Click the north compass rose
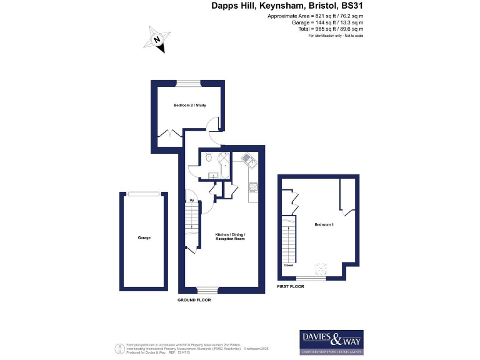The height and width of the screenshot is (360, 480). click(x=157, y=40)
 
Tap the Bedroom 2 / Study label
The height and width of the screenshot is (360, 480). click(x=190, y=105)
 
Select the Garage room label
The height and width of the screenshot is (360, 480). click(x=144, y=237)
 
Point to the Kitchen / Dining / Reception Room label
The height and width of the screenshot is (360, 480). click(x=231, y=236)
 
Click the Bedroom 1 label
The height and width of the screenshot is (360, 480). click(x=324, y=224)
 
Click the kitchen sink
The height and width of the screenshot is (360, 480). click(x=248, y=159)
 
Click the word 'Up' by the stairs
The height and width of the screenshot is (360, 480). click(x=191, y=200)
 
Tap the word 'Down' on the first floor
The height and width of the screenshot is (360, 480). click(x=289, y=265)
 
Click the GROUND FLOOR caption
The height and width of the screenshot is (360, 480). click(x=194, y=300)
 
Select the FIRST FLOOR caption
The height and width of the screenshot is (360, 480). click(x=291, y=286)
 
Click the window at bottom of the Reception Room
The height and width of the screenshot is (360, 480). click(x=207, y=290)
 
